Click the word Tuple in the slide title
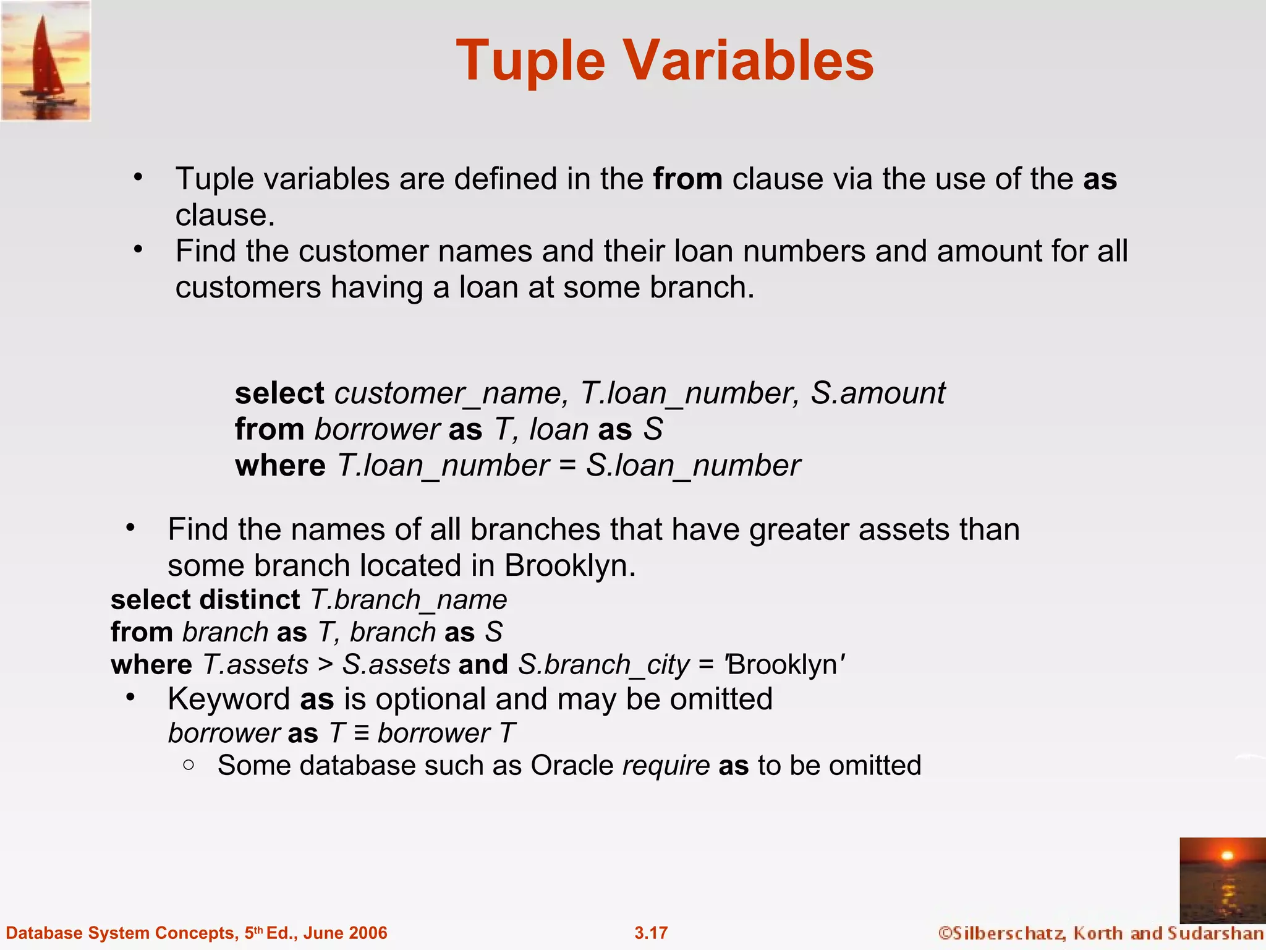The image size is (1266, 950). (530, 61)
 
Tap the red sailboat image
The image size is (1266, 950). (46, 61)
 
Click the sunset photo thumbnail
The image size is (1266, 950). (1222, 880)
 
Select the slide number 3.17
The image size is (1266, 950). (651, 933)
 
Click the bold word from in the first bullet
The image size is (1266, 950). (687, 179)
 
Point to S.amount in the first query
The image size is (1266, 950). (877, 393)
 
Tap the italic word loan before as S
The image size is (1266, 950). (558, 429)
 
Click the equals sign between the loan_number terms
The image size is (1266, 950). (567, 466)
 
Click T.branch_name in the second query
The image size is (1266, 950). (408, 600)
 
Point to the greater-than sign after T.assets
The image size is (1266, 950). (325, 665)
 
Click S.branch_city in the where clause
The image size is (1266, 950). (603, 665)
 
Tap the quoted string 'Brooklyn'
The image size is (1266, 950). (784, 665)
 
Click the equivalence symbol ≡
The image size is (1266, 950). (362, 734)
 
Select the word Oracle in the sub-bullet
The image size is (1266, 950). (571, 766)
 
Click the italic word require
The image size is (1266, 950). (665, 766)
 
